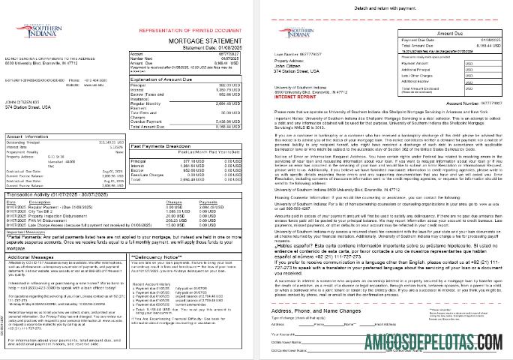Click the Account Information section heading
click(29, 137)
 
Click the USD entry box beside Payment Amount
click(469, 64)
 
